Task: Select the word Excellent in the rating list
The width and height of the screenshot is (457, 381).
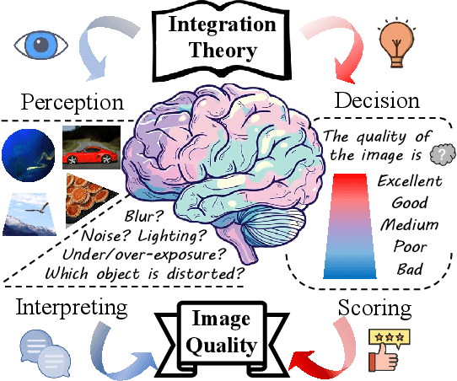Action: click(x=409, y=181)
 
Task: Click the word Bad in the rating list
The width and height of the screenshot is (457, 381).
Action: click(x=409, y=269)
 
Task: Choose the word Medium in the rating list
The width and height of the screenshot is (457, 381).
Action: click(x=409, y=225)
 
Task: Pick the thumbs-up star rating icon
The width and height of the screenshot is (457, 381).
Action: click(x=387, y=349)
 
